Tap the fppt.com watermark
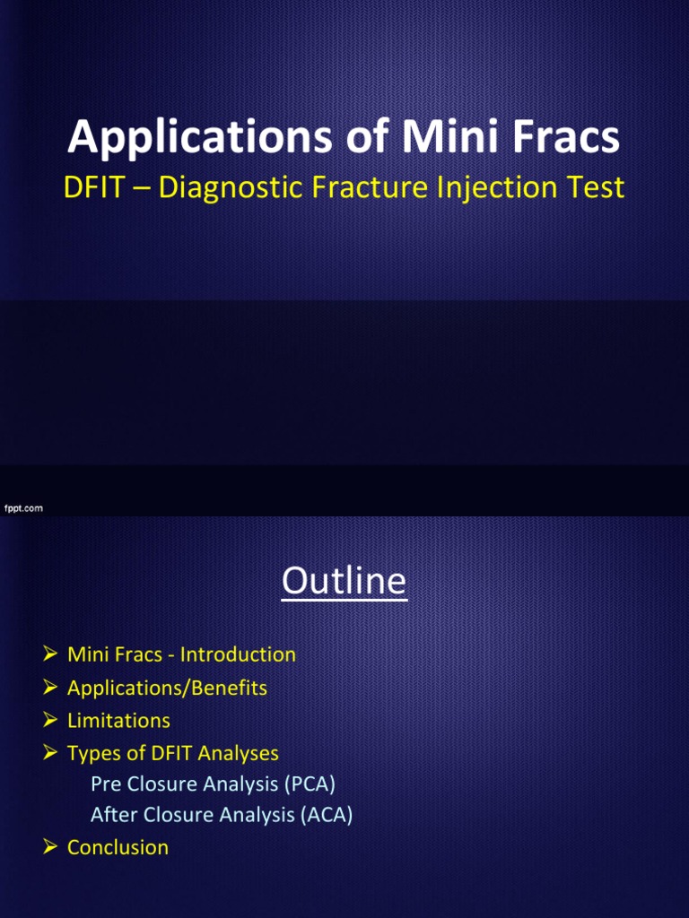23,508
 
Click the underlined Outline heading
344,582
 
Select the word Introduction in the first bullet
238,654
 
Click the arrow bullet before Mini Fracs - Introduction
50,654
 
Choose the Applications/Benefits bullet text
167,688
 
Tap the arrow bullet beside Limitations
50,721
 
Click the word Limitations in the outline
118,721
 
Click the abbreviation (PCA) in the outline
310,784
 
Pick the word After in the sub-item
113,815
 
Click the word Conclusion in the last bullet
118,847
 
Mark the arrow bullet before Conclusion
50,847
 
